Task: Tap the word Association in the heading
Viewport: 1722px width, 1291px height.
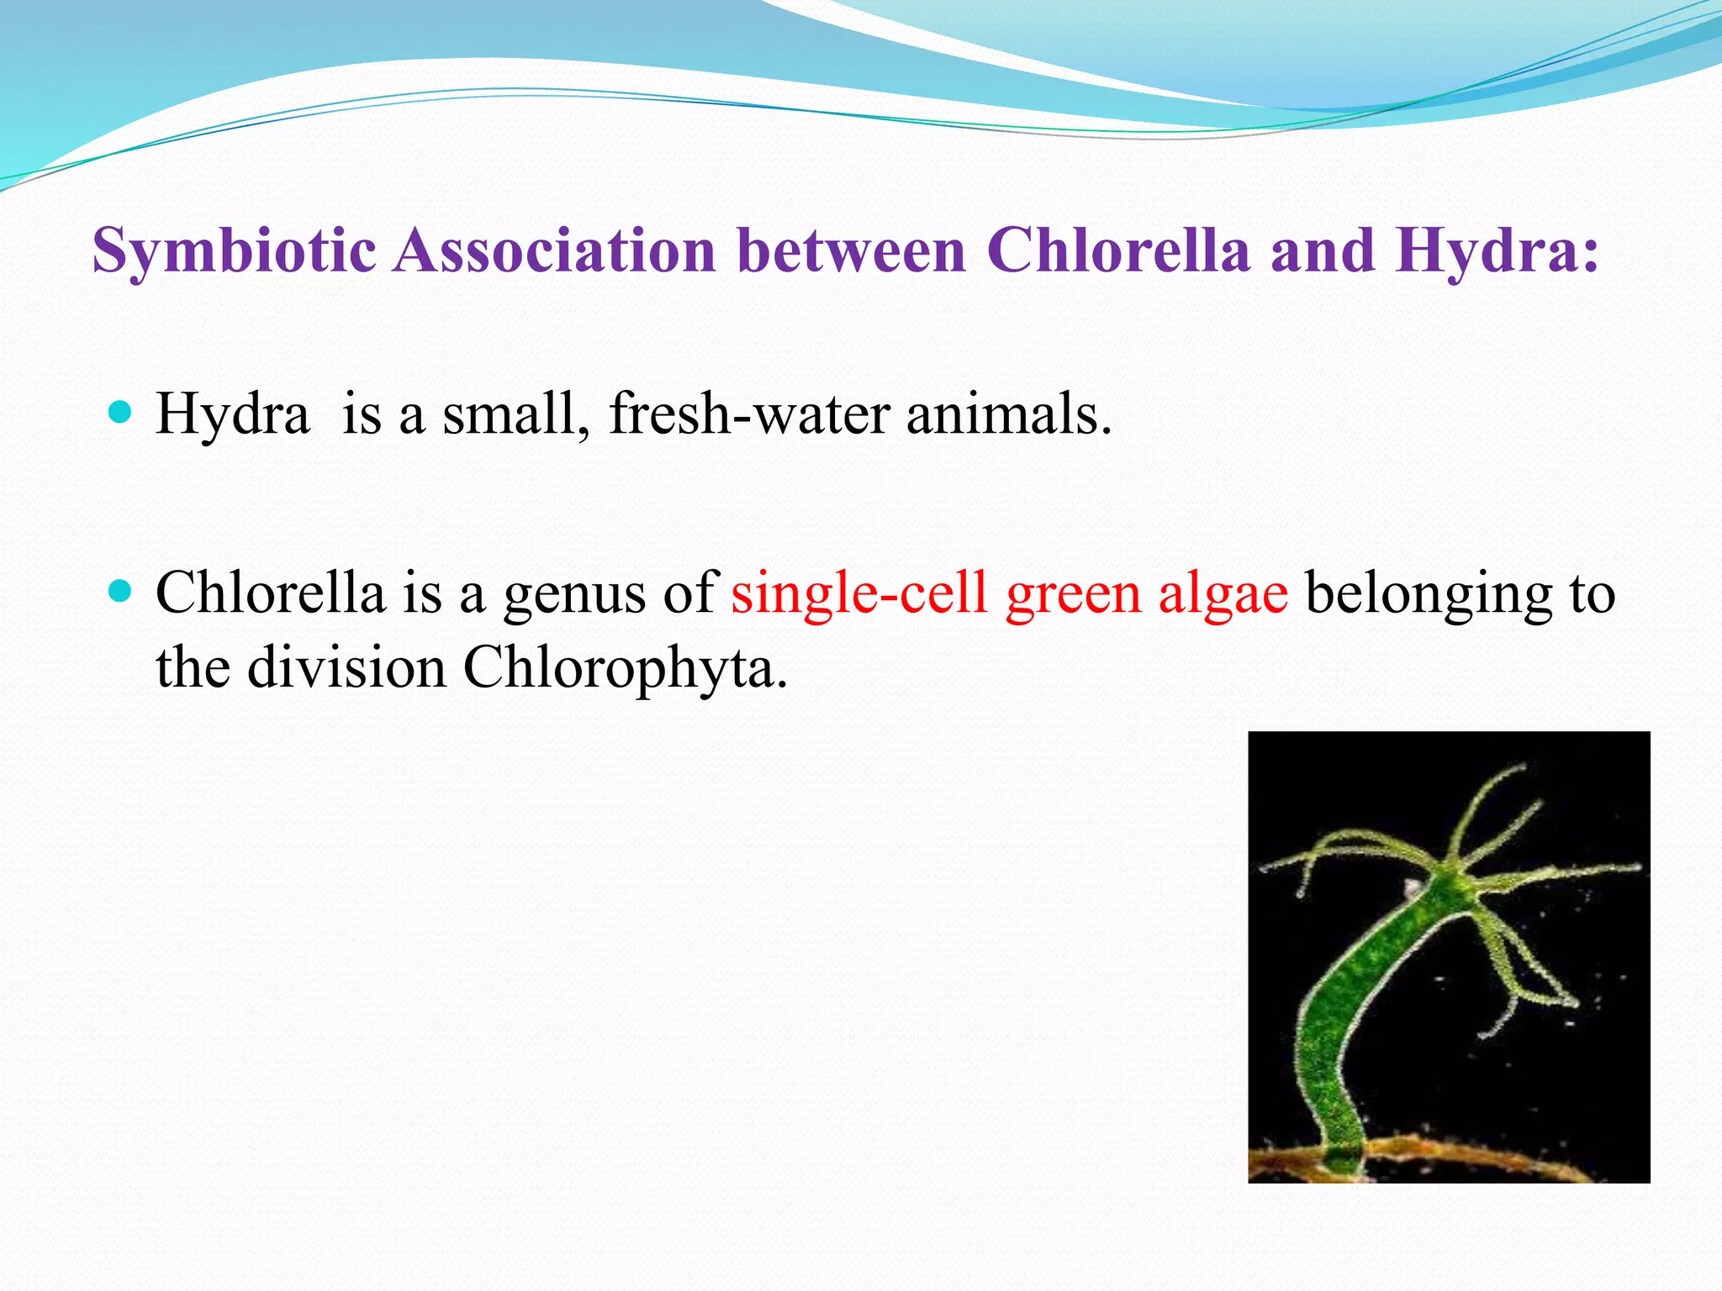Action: pyautogui.click(x=555, y=250)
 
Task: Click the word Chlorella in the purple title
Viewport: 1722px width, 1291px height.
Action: pyautogui.click(x=1118, y=250)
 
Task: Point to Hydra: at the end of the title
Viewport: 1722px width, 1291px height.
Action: pyautogui.click(x=1497, y=250)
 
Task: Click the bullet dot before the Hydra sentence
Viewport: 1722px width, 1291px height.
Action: pyautogui.click(x=121, y=412)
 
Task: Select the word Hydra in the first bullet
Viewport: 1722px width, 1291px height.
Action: pyautogui.click(x=232, y=414)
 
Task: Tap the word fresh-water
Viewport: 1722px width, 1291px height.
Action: pyautogui.click(x=748, y=414)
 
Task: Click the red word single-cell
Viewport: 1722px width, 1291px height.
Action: pyautogui.click(x=858, y=593)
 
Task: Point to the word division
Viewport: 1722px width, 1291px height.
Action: pyautogui.click(x=346, y=667)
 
